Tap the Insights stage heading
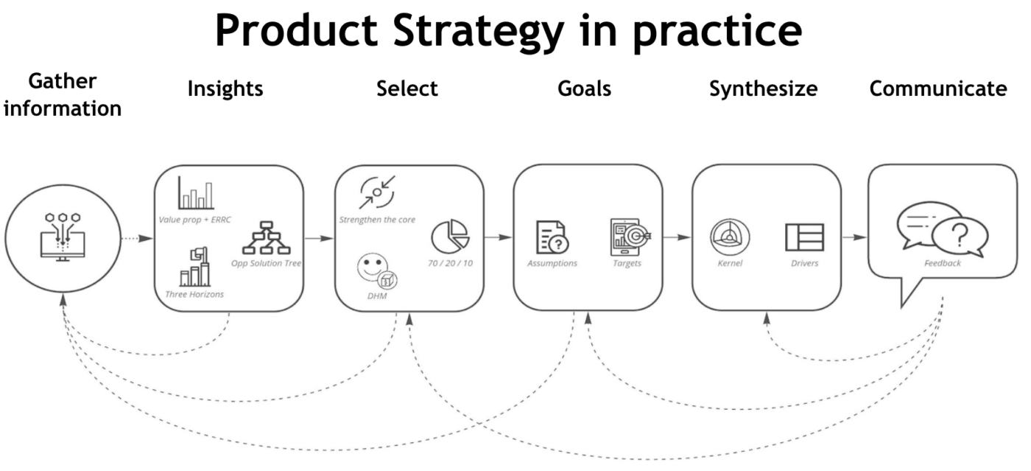coord(225,89)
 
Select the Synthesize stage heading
coord(763,89)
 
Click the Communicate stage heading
coord(937,89)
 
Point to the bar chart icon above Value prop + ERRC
coord(195,193)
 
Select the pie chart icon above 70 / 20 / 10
coord(449,237)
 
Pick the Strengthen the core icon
coord(377,192)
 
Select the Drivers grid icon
coord(804,237)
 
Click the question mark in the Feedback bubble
coord(958,237)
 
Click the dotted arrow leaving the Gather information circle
coord(137,238)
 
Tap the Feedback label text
coord(943,263)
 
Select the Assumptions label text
coord(552,263)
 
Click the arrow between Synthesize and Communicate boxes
coord(854,237)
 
